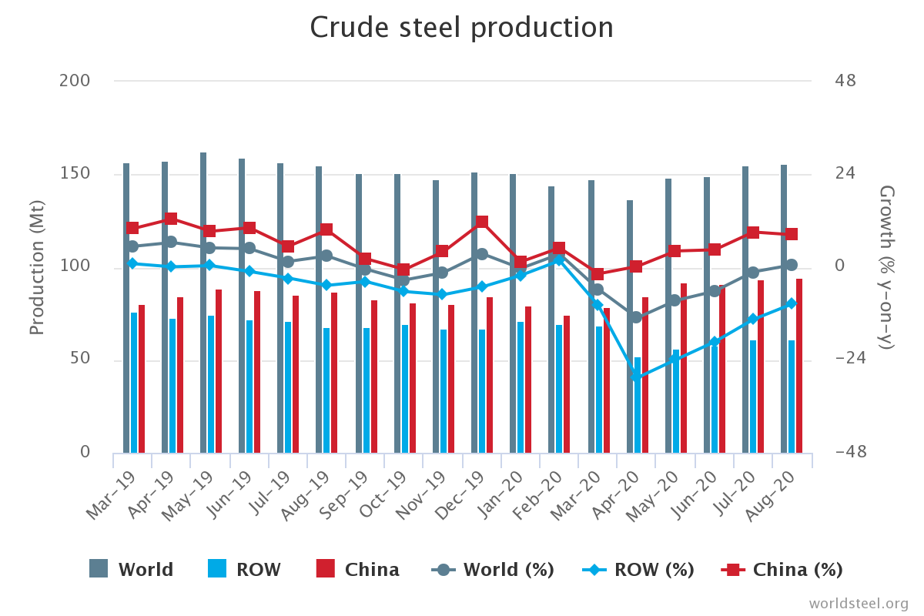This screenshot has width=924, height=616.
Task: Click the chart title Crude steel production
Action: pos(461,28)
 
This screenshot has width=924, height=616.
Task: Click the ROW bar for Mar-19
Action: pos(134,382)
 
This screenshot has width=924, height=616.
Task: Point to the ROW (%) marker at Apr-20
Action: pos(638,377)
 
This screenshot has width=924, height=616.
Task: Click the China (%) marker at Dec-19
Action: pos(482,223)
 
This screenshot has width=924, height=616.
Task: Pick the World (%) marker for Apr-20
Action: pos(636,317)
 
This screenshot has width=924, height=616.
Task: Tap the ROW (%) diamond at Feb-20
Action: pos(559,259)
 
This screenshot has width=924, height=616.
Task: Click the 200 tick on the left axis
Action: pos(75,81)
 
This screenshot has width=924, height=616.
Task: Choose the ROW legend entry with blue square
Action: pos(244,570)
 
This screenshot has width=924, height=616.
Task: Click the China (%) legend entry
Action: pos(782,570)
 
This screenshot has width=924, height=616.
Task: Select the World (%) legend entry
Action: pos(493,570)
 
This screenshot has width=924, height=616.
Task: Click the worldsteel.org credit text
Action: pos(858,603)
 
